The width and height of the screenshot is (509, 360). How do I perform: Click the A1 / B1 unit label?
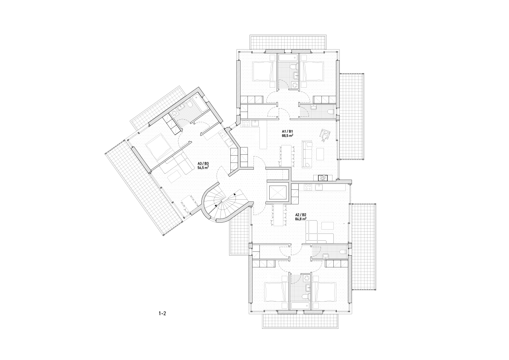click(287, 131)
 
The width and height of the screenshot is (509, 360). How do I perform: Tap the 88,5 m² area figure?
click(287, 136)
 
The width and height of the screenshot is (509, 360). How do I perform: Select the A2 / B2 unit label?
click(301, 215)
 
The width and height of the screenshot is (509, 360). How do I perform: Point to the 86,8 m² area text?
click(301, 219)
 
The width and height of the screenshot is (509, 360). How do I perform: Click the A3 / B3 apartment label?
click(203, 164)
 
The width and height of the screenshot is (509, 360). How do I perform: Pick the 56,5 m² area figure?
click(203, 168)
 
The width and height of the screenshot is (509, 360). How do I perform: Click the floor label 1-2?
click(162, 313)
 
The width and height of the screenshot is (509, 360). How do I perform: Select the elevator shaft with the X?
click(278, 192)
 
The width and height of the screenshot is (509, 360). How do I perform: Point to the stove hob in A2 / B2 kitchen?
click(307, 187)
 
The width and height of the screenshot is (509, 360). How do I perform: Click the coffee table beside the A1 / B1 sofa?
click(321, 152)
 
